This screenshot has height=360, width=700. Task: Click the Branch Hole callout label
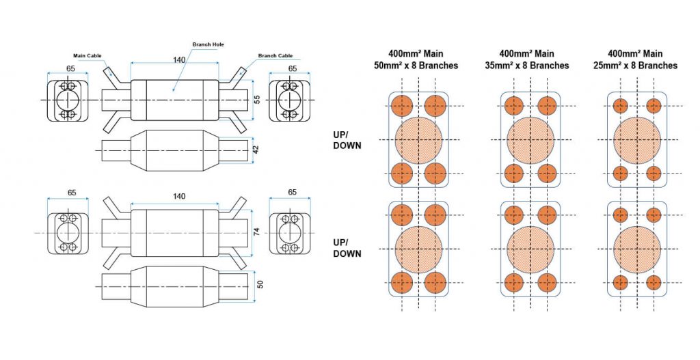(208, 44)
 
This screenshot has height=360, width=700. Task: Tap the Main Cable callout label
(87, 56)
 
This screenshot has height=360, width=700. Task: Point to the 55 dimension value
(257, 100)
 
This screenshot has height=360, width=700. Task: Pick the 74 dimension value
(257, 232)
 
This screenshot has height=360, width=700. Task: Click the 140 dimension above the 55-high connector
(179, 60)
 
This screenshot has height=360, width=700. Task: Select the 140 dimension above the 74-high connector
(179, 197)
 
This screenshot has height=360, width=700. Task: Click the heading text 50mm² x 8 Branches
(419, 66)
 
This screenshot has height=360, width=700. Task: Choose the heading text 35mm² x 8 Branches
(530, 66)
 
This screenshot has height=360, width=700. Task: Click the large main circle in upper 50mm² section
(418, 139)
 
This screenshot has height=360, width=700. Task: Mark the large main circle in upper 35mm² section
(530, 139)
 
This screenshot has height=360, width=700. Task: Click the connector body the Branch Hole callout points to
(174, 100)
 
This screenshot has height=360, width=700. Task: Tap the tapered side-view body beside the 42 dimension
(174, 147)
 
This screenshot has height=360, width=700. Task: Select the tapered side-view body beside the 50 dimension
(174, 283)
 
